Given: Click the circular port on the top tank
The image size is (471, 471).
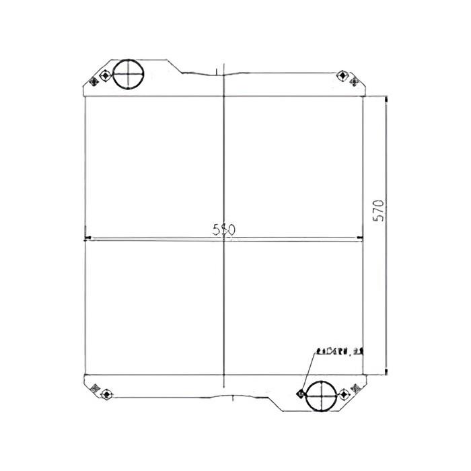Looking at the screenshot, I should (x=128, y=74).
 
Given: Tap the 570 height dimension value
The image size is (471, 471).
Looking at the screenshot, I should (x=378, y=211).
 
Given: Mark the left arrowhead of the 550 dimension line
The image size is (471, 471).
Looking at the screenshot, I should (x=86, y=238).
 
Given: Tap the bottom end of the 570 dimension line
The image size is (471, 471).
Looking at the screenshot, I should (x=387, y=371).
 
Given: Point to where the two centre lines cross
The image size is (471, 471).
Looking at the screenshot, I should (x=223, y=238).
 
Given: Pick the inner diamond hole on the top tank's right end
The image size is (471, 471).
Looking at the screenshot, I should (x=341, y=73).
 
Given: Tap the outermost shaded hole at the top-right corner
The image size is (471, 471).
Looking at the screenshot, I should (x=354, y=81).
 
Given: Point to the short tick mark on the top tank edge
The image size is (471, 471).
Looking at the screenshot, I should (x=215, y=71).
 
